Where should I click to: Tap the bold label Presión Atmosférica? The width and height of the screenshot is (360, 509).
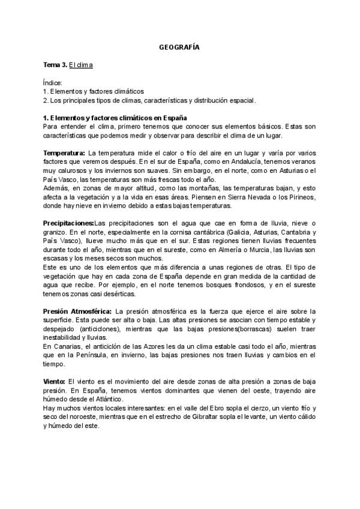pos(76,312)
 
